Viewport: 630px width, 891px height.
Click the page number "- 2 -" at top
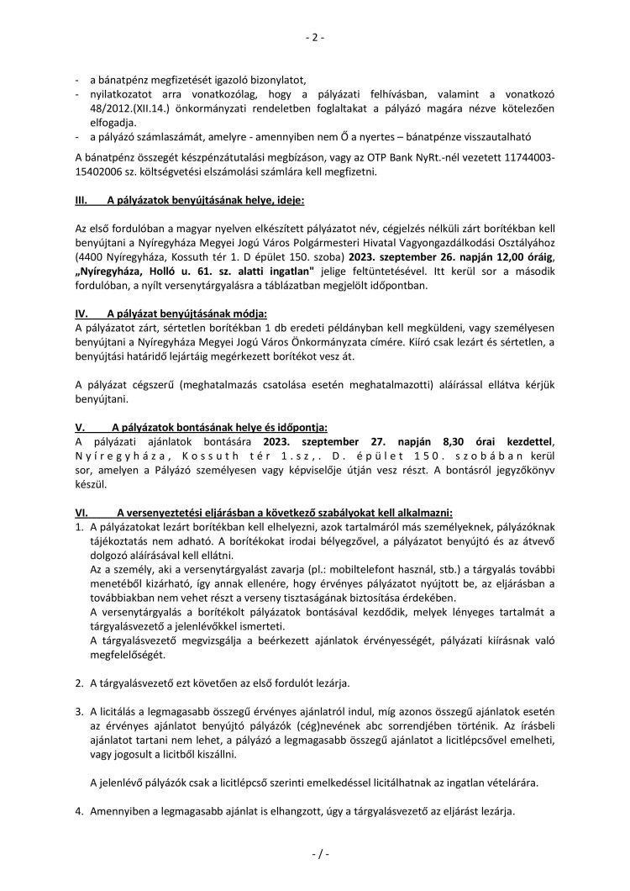315,37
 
